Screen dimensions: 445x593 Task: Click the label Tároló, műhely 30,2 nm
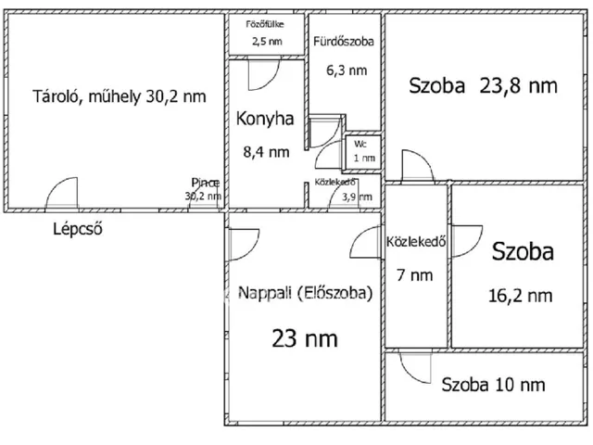point(120,95)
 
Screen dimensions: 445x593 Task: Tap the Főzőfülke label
point(264,24)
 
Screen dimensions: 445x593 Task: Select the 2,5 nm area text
point(264,42)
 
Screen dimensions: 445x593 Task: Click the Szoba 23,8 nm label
point(483,86)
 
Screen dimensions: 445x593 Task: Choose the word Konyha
point(265,119)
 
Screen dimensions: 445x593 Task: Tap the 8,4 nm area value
point(266,152)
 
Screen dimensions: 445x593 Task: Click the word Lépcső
point(77,229)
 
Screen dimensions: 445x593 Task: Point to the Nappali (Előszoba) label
point(305,293)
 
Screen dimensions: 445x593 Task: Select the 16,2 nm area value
point(520,296)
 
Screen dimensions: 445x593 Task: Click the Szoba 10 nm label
point(492,384)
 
